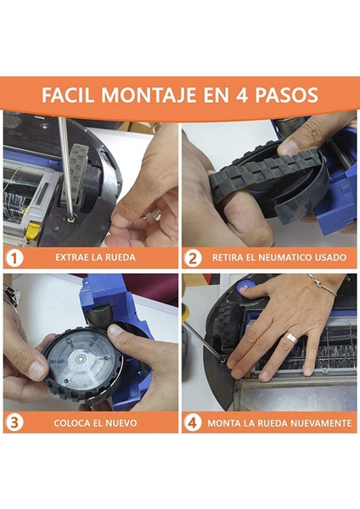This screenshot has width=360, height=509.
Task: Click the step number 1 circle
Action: [14, 258]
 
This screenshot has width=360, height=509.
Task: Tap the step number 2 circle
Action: [193, 258]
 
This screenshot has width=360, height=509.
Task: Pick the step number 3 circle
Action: [14, 422]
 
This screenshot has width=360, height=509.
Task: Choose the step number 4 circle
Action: [193, 422]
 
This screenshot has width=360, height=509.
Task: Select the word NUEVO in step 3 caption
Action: [121, 423]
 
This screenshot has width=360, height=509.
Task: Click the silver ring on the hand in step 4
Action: [291, 338]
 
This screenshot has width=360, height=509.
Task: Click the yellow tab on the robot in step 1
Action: [32, 230]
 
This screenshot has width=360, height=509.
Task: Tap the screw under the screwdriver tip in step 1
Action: [70, 219]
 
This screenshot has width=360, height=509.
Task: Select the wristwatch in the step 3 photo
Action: [10, 296]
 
